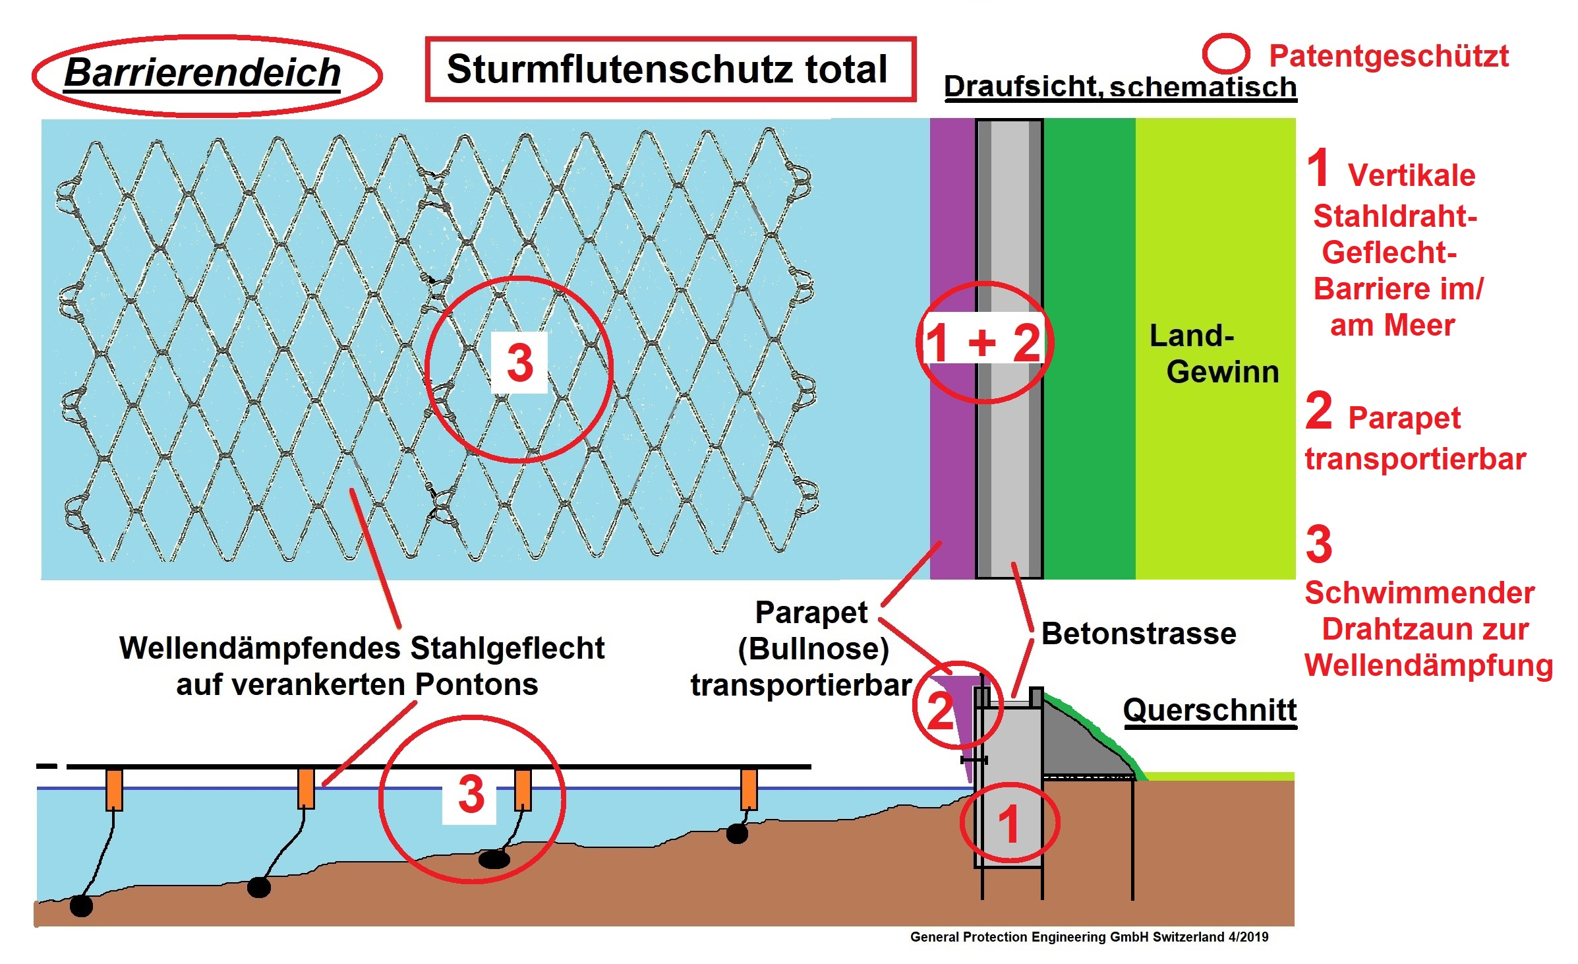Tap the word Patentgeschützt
click(x=1389, y=56)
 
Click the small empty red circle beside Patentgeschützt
click(x=1226, y=53)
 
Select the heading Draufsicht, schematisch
click(x=1121, y=86)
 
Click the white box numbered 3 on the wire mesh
click(x=519, y=363)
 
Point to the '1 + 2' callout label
click(x=983, y=342)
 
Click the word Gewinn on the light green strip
click(x=1223, y=372)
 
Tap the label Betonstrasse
click(x=1138, y=634)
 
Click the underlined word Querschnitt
click(x=1210, y=710)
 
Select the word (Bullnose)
click(x=813, y=649)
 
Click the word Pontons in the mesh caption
click(x=477, y=684)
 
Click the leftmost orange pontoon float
click(x=114, y=789)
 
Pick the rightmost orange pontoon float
click(x=749, y=789)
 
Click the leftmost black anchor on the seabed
click(x=81, y=905)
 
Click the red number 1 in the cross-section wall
click(x=1008, y=824)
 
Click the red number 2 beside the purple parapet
click(x=941, y=710)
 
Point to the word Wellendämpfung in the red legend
click(x=1429, y=666)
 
